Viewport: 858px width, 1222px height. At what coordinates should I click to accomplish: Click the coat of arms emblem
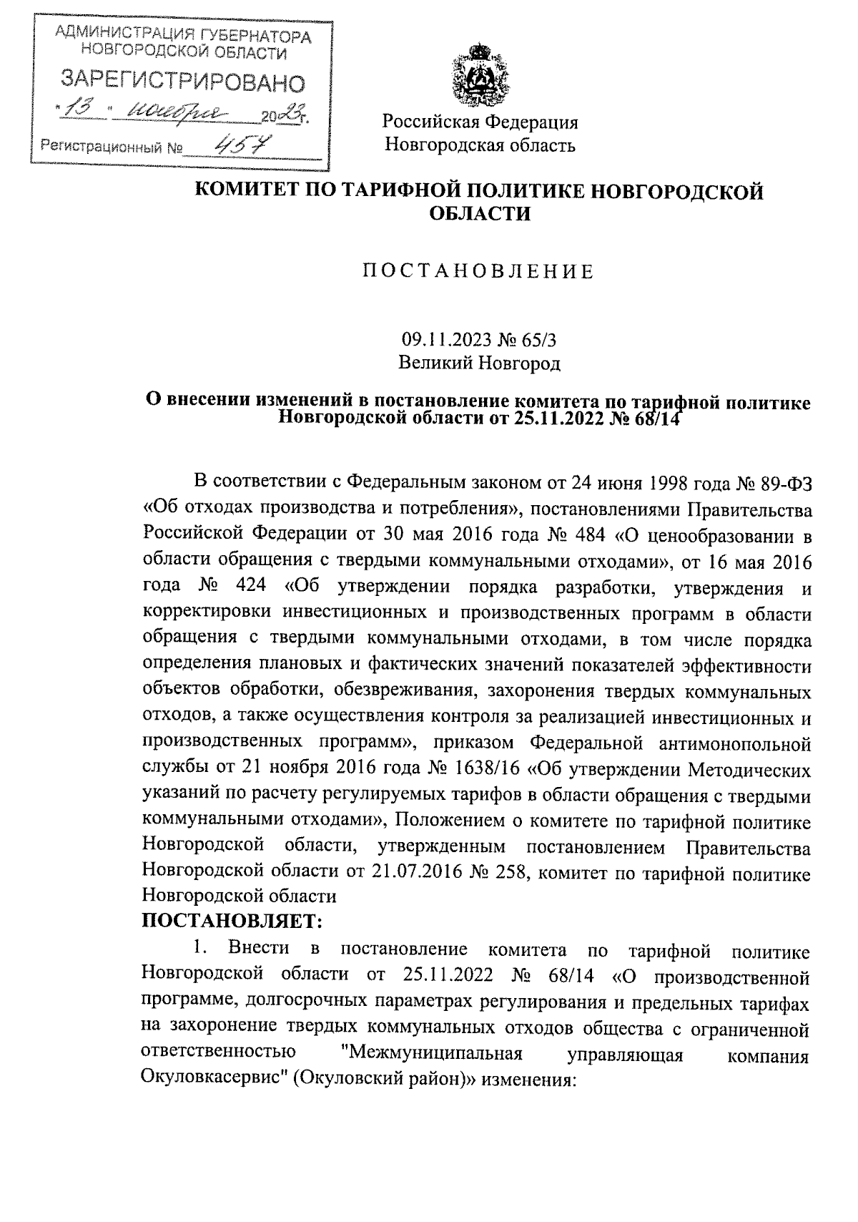[480, 74]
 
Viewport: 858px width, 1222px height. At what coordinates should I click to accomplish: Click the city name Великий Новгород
[479, 363]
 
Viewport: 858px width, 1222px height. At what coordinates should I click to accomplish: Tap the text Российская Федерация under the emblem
[479, 122]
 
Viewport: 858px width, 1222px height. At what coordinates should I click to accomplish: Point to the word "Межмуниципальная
[432, 1054]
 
